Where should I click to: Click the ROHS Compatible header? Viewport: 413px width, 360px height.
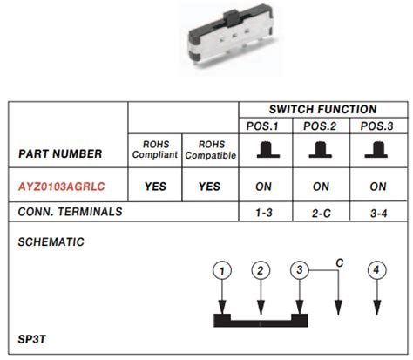(209, 149)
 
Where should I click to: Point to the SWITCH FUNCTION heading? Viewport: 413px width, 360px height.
(322, 110)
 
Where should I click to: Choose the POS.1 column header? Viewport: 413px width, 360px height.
(264, 126)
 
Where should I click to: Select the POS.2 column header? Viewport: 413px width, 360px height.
(321, 126)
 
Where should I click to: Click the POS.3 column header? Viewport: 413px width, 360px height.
(377, 126)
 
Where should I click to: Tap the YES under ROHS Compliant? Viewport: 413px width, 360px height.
(154, 187)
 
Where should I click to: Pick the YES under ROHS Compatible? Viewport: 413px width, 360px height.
(209, 187)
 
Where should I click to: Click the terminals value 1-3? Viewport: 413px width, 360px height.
(264, 212)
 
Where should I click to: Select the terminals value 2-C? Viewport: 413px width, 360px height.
(321, 212)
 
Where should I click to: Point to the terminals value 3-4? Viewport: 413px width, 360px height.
(377, 212)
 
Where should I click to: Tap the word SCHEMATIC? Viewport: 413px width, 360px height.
(51, 241)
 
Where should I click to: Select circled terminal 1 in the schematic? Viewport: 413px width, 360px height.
(223, 271)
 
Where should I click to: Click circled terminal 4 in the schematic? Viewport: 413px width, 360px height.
(376, 271)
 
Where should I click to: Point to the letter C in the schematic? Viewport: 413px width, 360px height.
(340, 261)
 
